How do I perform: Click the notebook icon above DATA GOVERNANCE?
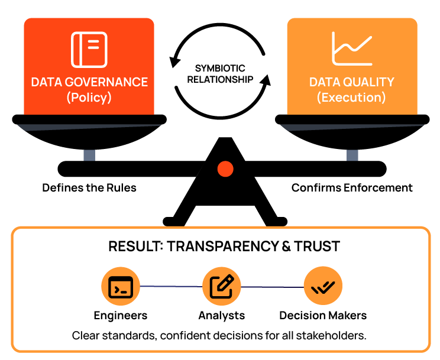point(89,49)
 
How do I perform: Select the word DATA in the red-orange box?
point(47,82)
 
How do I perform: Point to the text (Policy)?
point(89,98)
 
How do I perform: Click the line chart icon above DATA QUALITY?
point(352,48)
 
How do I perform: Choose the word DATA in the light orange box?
point(325,82)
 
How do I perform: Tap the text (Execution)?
point(351,98)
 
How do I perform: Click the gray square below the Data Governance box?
point(89,155)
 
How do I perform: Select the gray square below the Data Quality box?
point(352,155)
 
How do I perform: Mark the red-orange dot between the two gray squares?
point(225,169)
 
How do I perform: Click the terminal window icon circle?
point(121,287)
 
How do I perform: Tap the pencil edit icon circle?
point(222,287)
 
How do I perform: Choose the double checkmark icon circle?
point(323,287)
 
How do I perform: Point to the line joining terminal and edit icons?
point(171,287)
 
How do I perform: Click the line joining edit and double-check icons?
point(272,287)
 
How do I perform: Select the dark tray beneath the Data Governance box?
point(89,127)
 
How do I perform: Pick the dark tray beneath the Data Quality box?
point(352,127)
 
